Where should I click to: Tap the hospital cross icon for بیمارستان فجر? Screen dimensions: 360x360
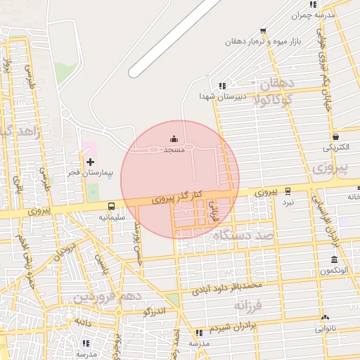(90, 162)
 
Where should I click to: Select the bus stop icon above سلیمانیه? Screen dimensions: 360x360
(111, 206)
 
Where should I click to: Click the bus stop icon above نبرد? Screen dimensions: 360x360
(288, 191)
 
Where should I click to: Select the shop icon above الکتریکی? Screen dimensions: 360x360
(335, 136)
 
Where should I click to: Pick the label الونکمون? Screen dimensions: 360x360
(334, 271)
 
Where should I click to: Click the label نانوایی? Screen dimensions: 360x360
(325, 328)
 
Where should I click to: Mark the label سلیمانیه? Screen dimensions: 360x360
(111, 217)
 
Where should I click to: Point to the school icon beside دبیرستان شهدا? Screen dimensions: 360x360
(223, 85)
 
